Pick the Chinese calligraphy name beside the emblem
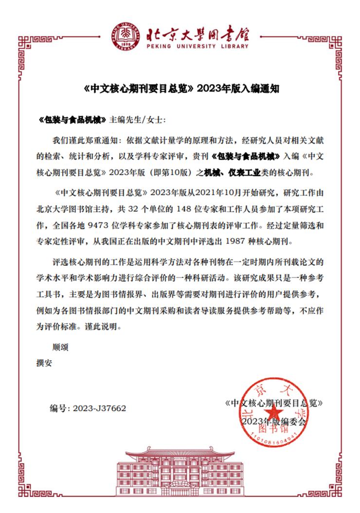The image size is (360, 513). [198, 32]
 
